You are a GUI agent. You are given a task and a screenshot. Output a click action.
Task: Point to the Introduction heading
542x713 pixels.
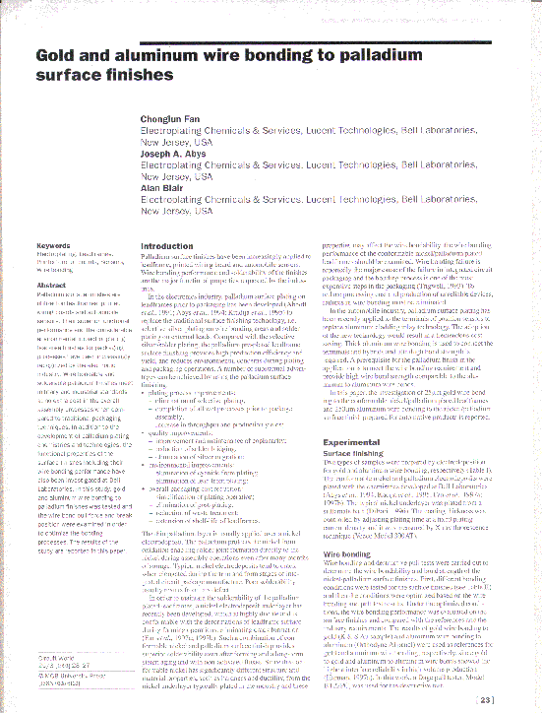[x=168, y=246]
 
